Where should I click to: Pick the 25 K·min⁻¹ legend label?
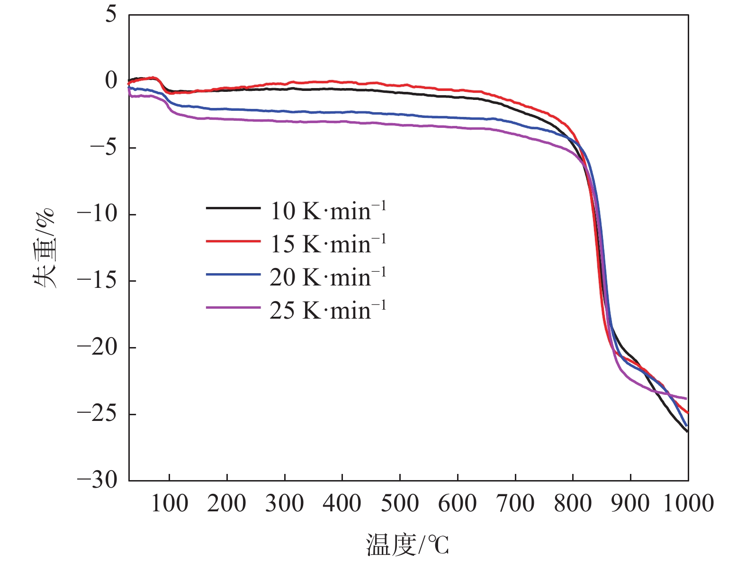click(x=328, y=310)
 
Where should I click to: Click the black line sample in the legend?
click(x=233, y=208)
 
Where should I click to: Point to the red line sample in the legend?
click(x=233, y=241)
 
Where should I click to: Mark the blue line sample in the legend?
click(x=233, y=275)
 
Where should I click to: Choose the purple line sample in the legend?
click(x=233, y=308)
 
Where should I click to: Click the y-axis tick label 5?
click(x=110, y=14)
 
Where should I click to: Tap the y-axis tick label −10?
click(x=97, y=214)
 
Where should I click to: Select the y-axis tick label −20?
click(x=97, y=347)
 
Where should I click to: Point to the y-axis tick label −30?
click(x=97, y=480)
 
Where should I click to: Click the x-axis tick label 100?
click(x=169, y=503)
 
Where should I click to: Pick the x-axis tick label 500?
click(x=400, y=503)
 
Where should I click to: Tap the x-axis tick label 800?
click(x=573, y=503)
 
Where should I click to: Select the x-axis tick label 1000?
click(x=688, y=503)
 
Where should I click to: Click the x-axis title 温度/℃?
click(x=407, y=544)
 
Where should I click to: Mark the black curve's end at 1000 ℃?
click(x=687, y=431)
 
